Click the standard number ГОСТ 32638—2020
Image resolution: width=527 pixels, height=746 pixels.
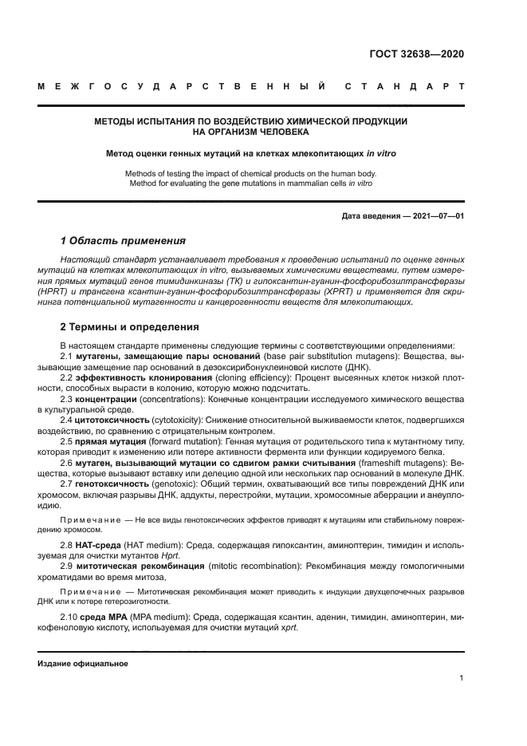pyautogui.click(x=416, y=55)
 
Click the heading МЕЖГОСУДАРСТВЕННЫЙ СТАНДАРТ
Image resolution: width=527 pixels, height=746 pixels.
pyautogui.click(x=251, y=86)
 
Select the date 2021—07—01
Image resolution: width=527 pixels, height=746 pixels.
pyautogui.click(x=436, y=215)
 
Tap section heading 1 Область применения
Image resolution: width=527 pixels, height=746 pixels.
pyautogui.click(x=124, y=240)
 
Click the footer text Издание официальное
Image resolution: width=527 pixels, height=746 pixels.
pyautogui.click(x=83, y=663)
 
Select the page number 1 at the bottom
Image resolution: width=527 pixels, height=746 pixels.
pyautogui.click(x=462, y=677)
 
